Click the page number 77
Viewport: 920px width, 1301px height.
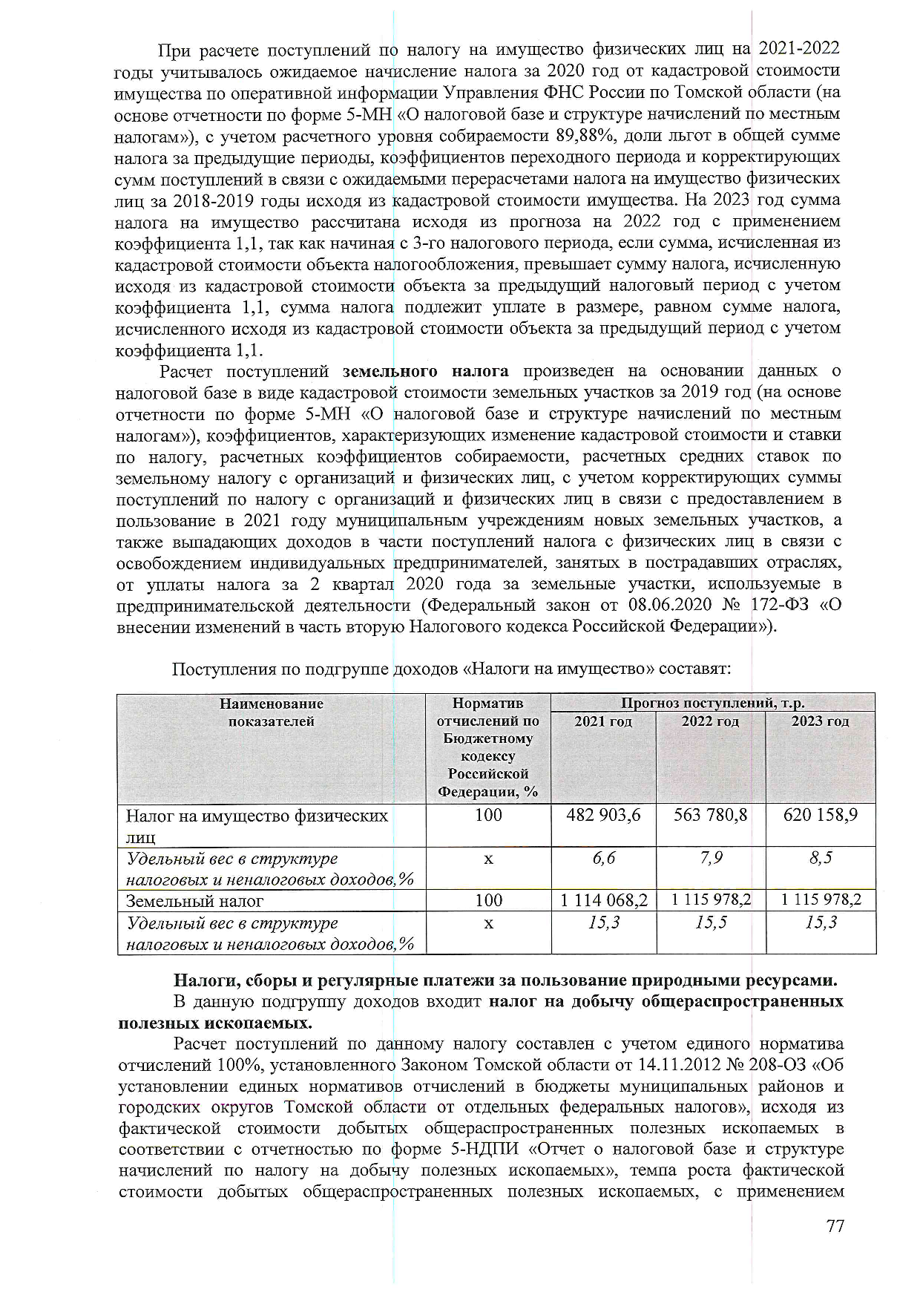coord(835,1225)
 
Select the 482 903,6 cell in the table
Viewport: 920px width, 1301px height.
coord(603,815)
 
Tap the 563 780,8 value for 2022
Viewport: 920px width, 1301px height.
coord(710,815)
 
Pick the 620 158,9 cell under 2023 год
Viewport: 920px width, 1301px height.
coord(820,815)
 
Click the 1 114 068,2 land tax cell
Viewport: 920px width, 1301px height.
coord(603,900)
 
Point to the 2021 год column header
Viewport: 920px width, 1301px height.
coord(603,721)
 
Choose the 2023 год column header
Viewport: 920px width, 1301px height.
coord(820,721)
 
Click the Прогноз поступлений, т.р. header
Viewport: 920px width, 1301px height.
coord(712,703)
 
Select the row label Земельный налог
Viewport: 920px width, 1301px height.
coord(195,901)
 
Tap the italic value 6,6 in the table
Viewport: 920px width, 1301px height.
coord(603,858)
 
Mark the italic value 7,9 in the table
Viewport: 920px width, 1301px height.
coord(710,858)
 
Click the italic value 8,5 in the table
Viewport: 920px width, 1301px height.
coord(821,858)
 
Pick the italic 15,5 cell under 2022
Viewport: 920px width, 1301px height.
coord(711,923)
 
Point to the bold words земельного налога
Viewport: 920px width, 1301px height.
coord(426,371)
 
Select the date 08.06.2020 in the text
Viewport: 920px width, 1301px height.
coord(671,605)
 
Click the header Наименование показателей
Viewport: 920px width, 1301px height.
coord(272,712)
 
